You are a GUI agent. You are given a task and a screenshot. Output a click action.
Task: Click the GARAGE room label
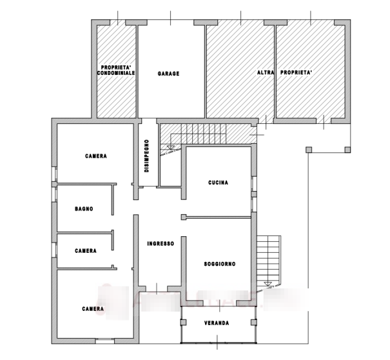coord(168,74)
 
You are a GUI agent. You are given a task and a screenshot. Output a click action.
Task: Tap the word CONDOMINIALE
coord(116,73)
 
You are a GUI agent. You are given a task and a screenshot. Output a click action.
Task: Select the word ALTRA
coord(266,72)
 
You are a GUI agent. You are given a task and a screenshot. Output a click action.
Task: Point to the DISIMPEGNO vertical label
coord(147,156)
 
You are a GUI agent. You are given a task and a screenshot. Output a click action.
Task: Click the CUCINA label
coord(218,183)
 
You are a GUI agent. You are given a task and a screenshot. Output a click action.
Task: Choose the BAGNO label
coord(84,209)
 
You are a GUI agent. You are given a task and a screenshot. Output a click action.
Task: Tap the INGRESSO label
coord(161,244)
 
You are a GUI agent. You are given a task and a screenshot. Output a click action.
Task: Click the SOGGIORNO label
coord(220,264)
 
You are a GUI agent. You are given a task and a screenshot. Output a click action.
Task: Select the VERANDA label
coord(217,323)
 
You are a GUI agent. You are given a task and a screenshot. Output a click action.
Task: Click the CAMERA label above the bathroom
coord(96,156)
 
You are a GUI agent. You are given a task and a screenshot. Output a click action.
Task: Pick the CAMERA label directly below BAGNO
coord(86,251)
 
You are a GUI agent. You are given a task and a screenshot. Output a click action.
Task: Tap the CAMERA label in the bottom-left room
coord(93,309)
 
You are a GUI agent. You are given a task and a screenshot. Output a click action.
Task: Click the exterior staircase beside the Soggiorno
coord(269,261)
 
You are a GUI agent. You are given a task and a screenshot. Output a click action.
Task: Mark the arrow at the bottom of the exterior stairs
coord(268,284)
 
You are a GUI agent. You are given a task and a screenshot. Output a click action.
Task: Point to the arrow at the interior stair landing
coord(170,147)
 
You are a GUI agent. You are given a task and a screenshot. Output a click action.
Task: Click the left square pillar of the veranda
coord(183,323)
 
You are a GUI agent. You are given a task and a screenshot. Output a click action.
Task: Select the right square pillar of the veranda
coord(253,323)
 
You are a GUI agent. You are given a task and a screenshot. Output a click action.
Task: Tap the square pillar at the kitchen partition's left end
coord(184,217)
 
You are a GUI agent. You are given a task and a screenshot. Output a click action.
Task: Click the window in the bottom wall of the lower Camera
coord(105,341)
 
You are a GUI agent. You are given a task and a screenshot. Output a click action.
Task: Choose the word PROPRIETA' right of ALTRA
coord(296,72)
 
